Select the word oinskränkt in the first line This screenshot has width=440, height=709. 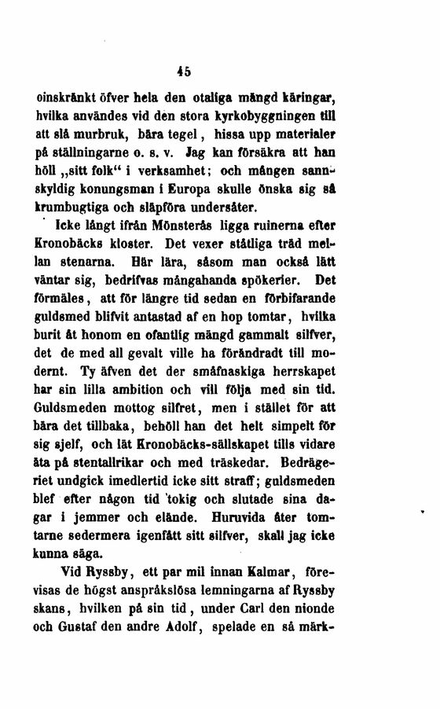[x=64, y=99]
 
